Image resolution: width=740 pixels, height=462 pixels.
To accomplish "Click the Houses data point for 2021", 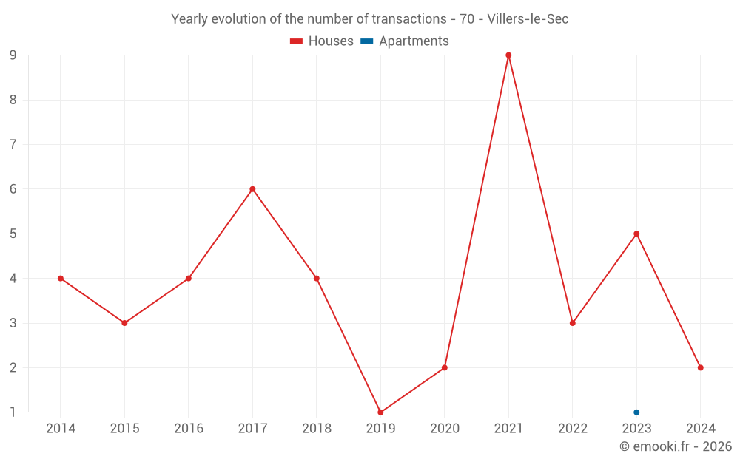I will (508, 55).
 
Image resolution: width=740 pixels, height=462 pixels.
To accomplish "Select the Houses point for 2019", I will (380, 412).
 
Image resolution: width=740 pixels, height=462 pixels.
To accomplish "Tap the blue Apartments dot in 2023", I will (636, 412).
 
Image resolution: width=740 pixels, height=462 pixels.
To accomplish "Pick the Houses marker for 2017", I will (252, 189).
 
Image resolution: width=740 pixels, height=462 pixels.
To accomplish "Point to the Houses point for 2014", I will (61, 279).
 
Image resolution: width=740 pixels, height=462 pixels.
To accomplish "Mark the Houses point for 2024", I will (700, 367).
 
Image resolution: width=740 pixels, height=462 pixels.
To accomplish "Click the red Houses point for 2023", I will (636, 234).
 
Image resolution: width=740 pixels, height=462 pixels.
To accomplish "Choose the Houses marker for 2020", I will (445, 367).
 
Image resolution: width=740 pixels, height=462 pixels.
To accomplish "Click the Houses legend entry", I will (322, 41).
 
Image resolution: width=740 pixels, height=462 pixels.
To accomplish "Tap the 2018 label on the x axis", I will (317, 429).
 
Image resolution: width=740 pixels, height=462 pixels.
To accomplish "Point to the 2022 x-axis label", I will (573, 429).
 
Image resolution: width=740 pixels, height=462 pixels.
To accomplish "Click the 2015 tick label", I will (124, 429).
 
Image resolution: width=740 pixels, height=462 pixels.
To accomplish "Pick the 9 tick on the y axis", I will (13, 55).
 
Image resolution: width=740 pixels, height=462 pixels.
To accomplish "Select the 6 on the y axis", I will (13, 189).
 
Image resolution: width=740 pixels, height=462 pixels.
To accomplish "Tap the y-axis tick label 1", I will (13, 412).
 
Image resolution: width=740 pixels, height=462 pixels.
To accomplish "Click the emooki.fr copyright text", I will (675, 446).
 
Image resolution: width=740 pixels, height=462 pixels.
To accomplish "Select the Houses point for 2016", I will (189, 279).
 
